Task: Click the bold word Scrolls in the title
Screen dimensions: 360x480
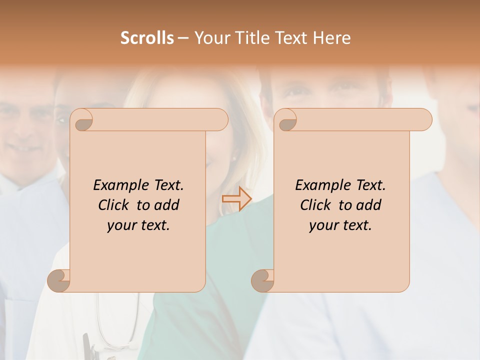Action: click(x=147, y=38)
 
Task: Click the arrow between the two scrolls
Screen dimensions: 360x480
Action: click(x=236, y=199)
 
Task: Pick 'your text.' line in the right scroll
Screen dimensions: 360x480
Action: click(x=340, y=225)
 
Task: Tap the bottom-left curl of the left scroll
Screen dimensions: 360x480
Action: click(x=59, y=280)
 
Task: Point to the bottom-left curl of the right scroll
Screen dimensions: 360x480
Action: click(x=262, y=280)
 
